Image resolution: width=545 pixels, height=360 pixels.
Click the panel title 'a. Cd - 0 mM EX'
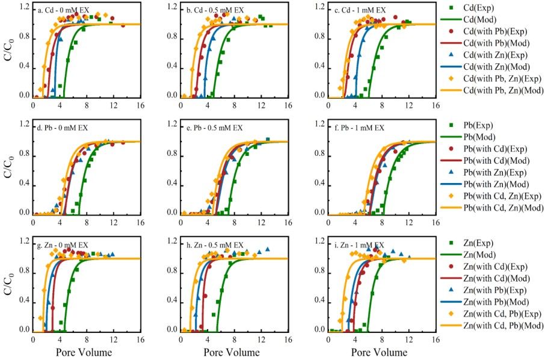[61, 10]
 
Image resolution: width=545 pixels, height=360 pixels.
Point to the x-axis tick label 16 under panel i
[436, 340]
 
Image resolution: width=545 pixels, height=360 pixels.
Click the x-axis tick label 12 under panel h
[261, 340]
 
